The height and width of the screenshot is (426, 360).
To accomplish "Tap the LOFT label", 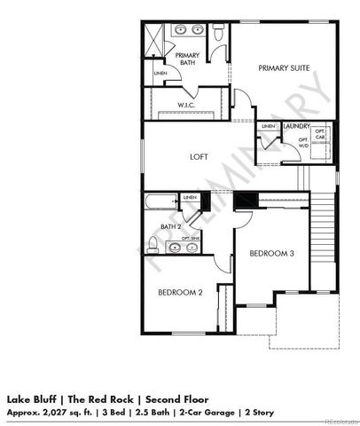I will tap(199, 157).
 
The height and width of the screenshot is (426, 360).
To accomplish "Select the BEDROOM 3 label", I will tap(270, 254).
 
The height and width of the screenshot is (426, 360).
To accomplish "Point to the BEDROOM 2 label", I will tap(181, 292).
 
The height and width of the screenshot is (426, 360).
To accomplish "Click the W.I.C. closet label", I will tap(186, 104).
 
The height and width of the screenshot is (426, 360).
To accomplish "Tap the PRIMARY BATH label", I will tap(187, 59).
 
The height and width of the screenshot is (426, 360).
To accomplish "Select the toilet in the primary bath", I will tap(219, 33).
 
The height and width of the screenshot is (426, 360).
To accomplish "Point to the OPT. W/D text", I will tap(304, 143).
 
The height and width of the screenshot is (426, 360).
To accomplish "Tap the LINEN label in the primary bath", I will tap(160, 73).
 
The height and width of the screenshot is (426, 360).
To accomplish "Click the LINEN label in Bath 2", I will tap(188, 197).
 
